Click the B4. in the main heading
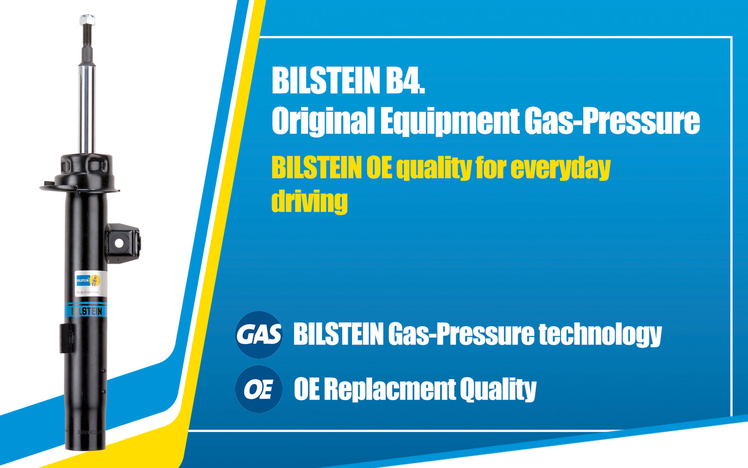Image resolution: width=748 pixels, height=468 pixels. coord(405,80)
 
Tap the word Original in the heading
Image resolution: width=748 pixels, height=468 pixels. coord(323,121)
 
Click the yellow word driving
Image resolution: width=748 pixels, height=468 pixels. coord(309,201)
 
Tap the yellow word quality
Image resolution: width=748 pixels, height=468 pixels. coord(433,168)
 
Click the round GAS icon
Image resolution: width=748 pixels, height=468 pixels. coord(259,334)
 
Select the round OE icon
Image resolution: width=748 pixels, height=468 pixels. coord(258,389)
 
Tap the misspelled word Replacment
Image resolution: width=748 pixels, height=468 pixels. coord(390,389)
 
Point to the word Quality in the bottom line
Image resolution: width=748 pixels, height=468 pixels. coord(498,389)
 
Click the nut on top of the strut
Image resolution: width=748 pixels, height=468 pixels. coord(87,19)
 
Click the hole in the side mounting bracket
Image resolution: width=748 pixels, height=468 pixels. coord(119,243)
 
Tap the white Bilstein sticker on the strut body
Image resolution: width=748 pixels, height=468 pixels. coord(87,283)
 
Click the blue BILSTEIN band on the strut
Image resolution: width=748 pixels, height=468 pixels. coord(86,311)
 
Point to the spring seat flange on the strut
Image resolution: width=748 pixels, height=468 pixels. coord(80,187)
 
